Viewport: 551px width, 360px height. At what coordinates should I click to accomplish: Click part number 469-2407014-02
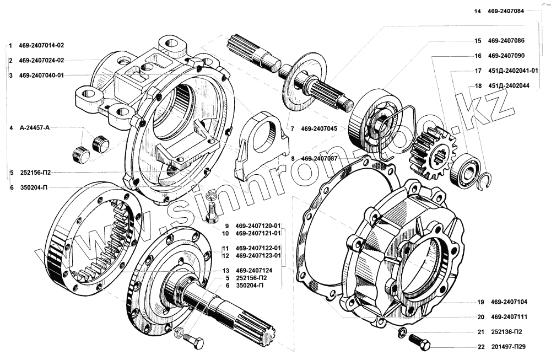pos(41,45)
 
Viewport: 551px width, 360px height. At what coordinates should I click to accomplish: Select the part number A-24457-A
pos(34,128)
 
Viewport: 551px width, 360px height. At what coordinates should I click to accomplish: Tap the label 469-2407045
pos(322,128)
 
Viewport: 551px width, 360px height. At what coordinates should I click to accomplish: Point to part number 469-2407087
pos(322,158)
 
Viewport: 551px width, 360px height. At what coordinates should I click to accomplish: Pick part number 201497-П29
pos(512,347)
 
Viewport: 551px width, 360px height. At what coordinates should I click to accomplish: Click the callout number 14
pos(477,11)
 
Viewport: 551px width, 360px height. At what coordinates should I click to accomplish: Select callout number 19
pos(480,302)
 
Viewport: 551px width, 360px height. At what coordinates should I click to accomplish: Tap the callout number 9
pos(226,225)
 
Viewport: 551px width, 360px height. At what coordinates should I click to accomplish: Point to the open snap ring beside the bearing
pos(486,180)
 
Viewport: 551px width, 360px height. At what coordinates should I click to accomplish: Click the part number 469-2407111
pos(512,316)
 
